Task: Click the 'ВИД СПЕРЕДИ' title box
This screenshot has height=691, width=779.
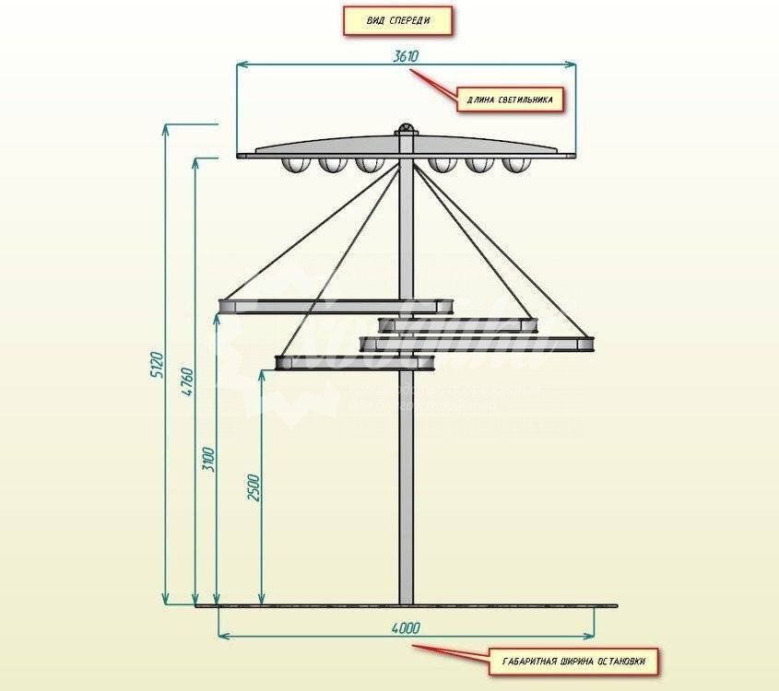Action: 397,21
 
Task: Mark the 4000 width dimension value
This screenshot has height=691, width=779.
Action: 406,628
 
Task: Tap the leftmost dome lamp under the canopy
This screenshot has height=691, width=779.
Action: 295,166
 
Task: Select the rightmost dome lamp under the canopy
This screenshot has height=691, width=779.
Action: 513,166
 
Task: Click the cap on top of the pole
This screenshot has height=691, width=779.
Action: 406,130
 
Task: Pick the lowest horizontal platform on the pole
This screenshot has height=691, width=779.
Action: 355,362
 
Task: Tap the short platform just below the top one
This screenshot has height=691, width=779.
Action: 457,324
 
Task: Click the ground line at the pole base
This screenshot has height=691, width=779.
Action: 406,606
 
